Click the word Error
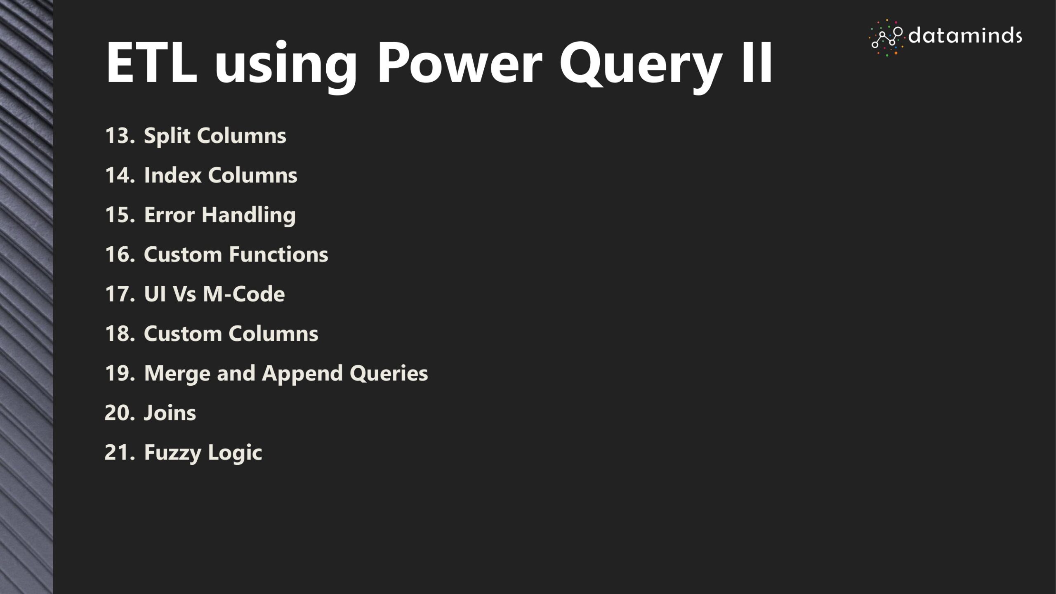click(x=169, y=214)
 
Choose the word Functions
click(x=278, y=254)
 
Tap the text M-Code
click(x=244, y=294)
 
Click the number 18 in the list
click(x=120, y=333)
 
